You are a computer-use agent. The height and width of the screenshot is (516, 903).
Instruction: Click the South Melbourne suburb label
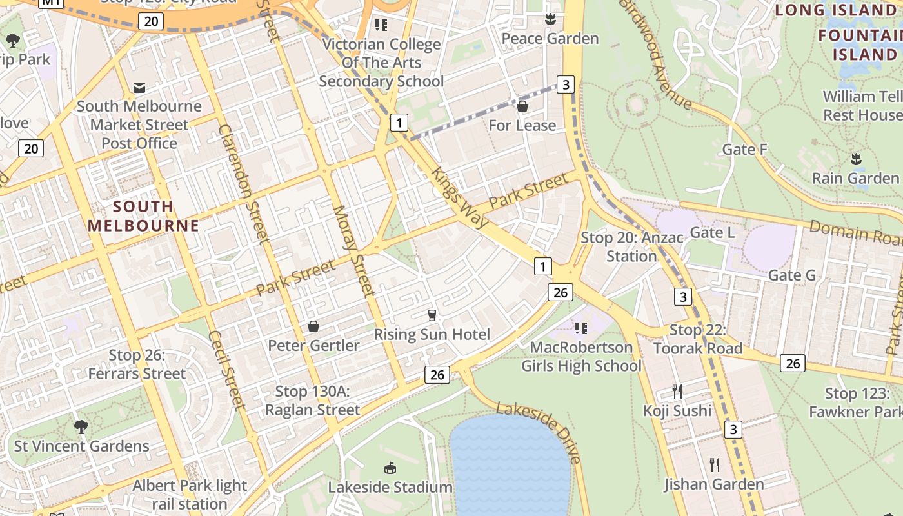pos(143,216)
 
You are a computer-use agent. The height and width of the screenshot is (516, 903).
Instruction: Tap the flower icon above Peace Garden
pos(550,20)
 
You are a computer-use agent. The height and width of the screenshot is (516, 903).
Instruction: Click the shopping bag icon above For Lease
pos(522,106)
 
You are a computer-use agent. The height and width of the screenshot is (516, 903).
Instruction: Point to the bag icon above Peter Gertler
pos(313,326)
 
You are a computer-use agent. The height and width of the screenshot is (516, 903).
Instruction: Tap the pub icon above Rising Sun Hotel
pos(432,315)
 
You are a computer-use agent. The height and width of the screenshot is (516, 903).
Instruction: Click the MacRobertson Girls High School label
pos(581,357)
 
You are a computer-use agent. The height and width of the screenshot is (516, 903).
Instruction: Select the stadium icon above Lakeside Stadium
pos(390,468)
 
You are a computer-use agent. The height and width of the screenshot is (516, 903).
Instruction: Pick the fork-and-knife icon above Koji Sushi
pos(677,392)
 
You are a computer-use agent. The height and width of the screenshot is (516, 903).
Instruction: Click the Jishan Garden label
pos(714,484)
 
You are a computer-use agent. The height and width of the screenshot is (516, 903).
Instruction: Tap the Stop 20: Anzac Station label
pos(631,246)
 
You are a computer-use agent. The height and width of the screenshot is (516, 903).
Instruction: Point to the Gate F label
pos(744,150)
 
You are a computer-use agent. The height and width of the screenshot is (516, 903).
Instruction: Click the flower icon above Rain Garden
pos(856,159)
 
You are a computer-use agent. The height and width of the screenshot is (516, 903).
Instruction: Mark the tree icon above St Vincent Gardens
pos(81,426)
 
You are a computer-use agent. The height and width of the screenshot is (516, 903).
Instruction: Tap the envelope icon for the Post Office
pos(139,87)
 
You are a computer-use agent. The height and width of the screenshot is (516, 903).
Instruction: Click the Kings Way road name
pos(459,198)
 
